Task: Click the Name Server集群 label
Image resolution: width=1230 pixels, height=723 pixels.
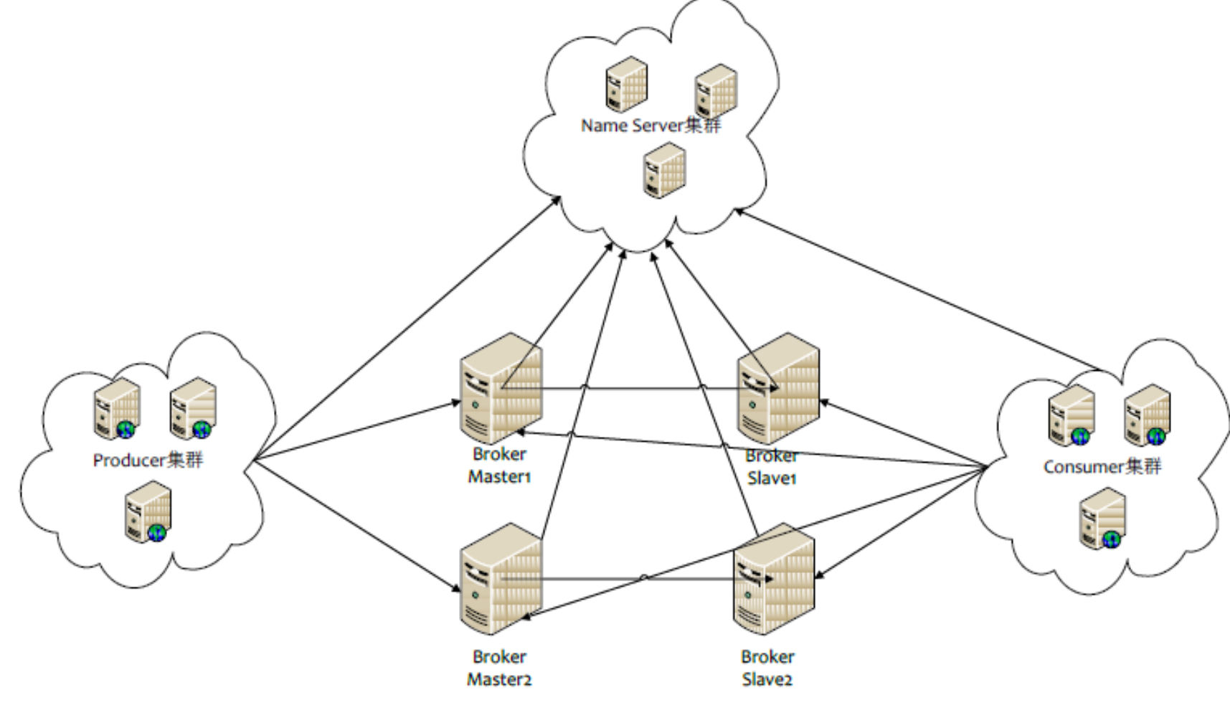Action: pyautogui.click(x=651, y=126)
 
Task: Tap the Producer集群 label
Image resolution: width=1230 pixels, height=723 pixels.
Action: pyautogui.click(x=148, y=460)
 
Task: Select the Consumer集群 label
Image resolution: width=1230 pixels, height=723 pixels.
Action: pyautogui.click(x=1102, y=467)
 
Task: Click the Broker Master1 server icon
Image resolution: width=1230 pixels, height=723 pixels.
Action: pyautogui.click(x=501, y=389)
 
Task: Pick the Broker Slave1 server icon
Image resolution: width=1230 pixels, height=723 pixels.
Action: pyautogui.click(x=778, y=388)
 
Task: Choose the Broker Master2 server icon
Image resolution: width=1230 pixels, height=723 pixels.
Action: pyautogui.click(x=501, y=579)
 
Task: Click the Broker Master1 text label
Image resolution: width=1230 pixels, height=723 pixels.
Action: pyautogui.click(x=500, y=466)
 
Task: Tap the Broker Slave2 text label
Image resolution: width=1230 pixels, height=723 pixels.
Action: pyautogui.click(x=767, y=668)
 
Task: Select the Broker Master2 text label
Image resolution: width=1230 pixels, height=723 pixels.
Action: pyautogui.click(x=500, y=668)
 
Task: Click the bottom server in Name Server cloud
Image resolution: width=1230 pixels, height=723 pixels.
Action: pyautogui.click(x=664, y=170)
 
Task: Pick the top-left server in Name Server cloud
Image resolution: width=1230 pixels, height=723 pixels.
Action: pyautogui.click(x=626, y=85)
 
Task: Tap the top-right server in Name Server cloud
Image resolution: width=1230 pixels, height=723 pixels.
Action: pyautogui.click(x=716, y=91)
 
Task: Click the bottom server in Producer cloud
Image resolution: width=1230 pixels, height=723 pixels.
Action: pyautogui.click(x=148, y=511)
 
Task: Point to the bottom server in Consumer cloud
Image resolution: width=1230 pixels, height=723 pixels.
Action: pyautogui.click(x=1103, y=518)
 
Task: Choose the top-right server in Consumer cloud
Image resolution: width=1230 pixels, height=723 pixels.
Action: pyautogui.click(x=1148, y=415)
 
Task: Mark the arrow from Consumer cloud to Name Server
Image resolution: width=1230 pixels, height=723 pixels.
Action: pyautogui.click(x=918, y=290)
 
